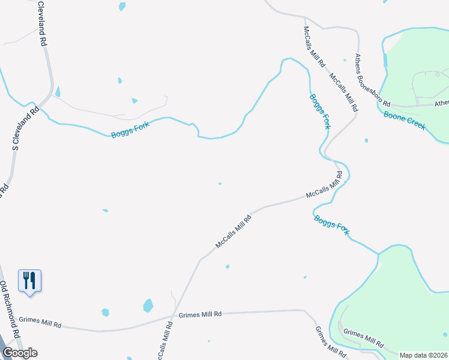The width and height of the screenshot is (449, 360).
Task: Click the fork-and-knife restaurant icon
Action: tap(29, 280)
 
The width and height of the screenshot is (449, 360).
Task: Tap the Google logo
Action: tap(20, 353)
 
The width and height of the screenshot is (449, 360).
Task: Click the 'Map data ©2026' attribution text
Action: tap(423, 355)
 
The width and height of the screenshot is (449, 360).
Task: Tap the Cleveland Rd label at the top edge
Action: tap(41, 24)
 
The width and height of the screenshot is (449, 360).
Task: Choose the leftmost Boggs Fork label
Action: tap(130, 127)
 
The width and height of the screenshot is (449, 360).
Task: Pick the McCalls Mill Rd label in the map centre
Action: tap(232, 229)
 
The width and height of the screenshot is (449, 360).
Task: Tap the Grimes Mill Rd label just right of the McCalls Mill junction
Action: tap(200, 314)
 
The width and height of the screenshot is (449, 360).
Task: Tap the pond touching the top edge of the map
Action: tap(122, 7)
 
